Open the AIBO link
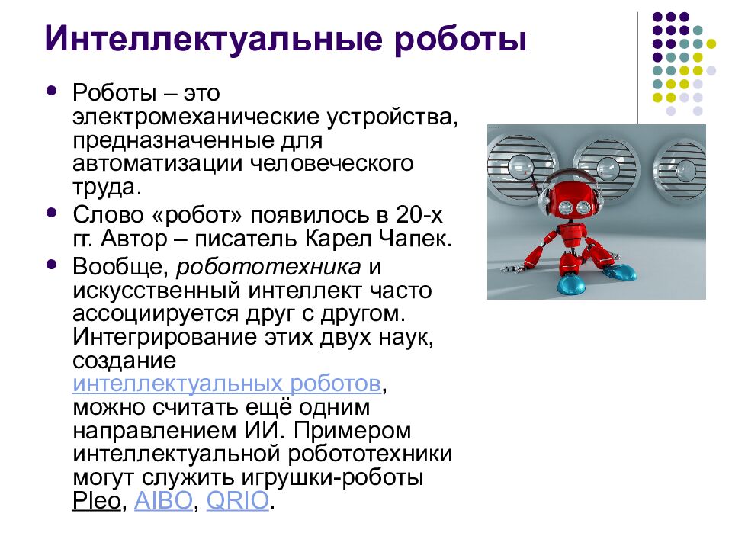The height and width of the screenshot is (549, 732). point(164,501)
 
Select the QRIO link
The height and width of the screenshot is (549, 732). point(238,501)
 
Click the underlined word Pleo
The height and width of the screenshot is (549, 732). point(97,501)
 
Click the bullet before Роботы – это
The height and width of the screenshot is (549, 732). point(52,91)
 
